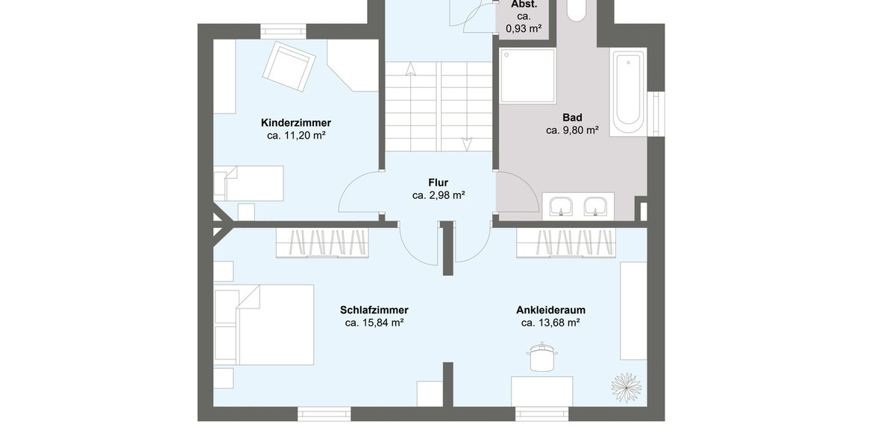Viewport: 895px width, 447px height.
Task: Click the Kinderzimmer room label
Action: click(x=295, y=123)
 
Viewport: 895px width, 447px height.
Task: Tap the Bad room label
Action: click(x=572, y=118)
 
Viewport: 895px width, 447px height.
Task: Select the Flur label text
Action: click(x=438, y=183)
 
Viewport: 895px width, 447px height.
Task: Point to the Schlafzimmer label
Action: click(x=374, y=310)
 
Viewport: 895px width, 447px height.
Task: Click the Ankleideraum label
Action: click(x=550, y=310)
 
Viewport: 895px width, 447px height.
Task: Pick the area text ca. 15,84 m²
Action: click(x=374, y=323)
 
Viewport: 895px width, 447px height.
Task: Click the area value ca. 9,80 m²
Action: click(x=572, y=130)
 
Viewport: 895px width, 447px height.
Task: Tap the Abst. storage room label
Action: click(x=524, y=4)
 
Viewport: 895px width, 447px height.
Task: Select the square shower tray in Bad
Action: click(x=528, y=75)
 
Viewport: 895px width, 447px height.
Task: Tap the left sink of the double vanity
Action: click(x=560, y=206)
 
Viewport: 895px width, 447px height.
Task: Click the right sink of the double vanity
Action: click(x=594, y=206)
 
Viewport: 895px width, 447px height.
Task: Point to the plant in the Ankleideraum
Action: click(x=626, y=387)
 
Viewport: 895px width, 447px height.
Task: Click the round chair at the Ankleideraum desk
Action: click(x=542, y=358)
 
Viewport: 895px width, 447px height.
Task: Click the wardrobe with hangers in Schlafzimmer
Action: click(x=322, y=244)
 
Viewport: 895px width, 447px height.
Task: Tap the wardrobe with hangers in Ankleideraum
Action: click(x=566, y=244)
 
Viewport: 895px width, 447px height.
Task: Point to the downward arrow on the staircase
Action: click(x=467, y=143)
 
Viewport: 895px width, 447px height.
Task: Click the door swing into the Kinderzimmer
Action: click(x=359, y=194)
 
